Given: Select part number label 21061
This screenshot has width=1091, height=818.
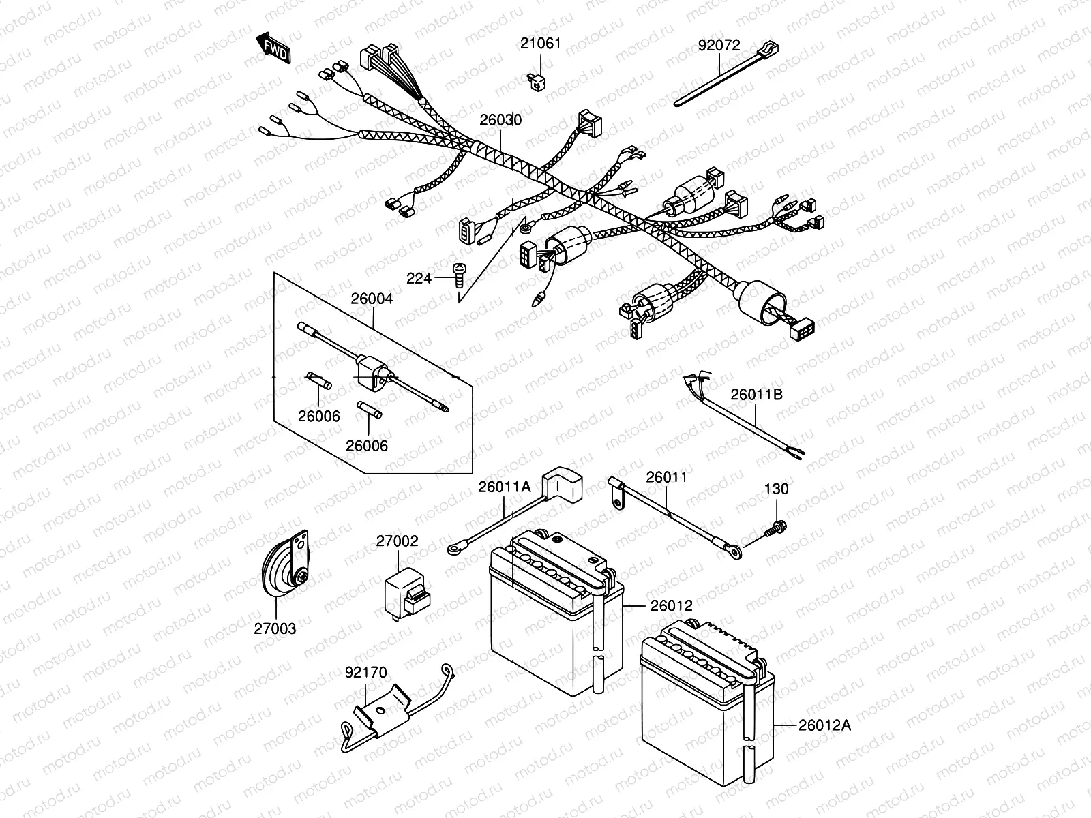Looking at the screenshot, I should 540,44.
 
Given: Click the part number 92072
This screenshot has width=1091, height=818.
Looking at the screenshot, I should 719,46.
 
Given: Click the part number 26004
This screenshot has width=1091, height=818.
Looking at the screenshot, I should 372,299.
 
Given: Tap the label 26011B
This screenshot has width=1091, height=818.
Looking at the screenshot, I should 757,394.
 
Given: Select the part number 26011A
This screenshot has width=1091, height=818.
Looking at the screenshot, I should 504,487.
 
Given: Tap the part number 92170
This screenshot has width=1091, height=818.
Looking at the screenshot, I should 366,673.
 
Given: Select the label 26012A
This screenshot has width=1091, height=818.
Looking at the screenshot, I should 825,725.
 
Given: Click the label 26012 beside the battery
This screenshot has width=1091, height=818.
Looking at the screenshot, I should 671,605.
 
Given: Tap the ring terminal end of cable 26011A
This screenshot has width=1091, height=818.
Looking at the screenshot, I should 453,547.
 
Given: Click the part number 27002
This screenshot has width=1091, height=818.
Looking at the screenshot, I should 397,541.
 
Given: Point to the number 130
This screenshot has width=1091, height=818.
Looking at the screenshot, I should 776,489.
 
